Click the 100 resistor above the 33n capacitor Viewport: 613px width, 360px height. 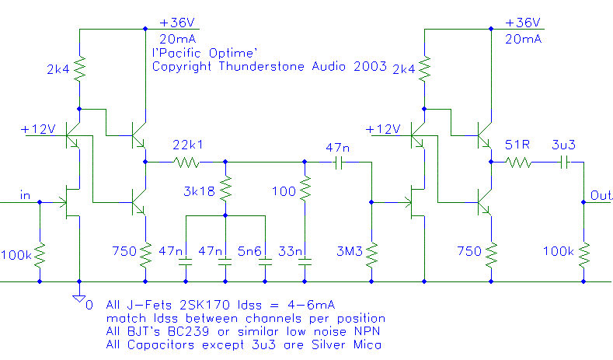point(305,187)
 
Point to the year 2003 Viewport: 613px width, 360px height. point(371,68)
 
